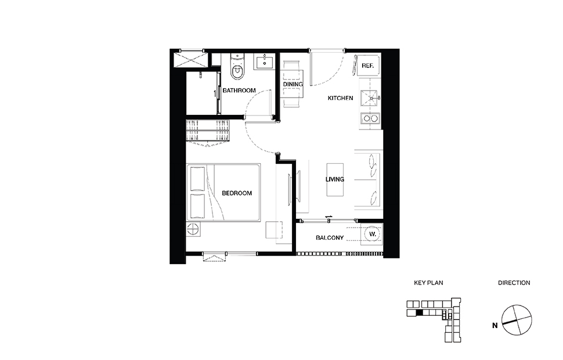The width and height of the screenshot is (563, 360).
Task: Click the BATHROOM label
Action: [x=239, y=91]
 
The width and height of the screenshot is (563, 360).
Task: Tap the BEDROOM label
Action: [x=237, y=193]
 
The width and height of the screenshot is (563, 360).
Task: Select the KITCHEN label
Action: [x=340, y=98]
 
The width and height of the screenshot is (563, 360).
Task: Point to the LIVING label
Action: [x=335, y=179]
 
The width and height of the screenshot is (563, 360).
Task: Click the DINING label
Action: [x=293, y=84]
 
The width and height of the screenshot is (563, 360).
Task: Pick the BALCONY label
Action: [x=330, y=238]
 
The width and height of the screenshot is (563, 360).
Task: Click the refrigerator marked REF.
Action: [x=368, y=66]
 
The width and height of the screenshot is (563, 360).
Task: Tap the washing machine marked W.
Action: [x=373, y=234]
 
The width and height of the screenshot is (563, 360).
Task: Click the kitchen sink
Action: [x=369, y=98]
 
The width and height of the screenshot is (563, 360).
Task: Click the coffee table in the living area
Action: [x=335, y=179]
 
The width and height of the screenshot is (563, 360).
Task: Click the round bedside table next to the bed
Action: [x=193, y=229]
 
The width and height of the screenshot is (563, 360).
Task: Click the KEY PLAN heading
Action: [x=428, y=283]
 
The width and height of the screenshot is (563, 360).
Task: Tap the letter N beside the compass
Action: [x=495, y=326]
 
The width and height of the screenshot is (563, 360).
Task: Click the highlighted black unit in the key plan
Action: [x=420, y=313]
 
